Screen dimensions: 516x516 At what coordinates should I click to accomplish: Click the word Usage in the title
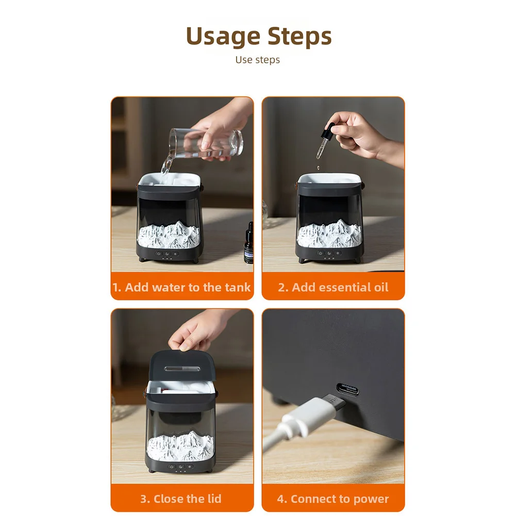coord(223,36)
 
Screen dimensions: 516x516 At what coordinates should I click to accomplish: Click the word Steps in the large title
coord(299,36)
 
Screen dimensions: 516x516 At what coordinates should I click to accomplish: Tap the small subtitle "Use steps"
coord(258,60)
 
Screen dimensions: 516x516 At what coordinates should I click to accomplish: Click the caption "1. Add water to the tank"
coord(181,287)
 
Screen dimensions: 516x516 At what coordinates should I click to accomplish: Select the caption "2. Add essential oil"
coord(333,287)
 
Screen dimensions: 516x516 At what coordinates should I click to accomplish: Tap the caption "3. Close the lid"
coord(180,499)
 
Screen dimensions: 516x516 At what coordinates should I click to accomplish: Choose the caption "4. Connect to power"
coord(333,499)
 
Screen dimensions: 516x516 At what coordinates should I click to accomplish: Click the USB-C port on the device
coord(347,389)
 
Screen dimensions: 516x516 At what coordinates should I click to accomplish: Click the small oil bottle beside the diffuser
coord(249,243)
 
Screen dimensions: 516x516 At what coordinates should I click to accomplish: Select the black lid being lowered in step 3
coord(182,366)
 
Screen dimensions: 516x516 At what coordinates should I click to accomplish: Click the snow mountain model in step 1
coord(169,235)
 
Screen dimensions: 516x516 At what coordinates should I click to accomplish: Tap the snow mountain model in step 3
coord(180,446)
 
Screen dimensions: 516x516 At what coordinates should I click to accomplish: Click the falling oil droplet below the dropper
coord(318,168)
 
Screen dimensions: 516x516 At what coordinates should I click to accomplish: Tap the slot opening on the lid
coord(182,369)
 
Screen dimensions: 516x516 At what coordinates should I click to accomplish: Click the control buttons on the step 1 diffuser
coord(167,254)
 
